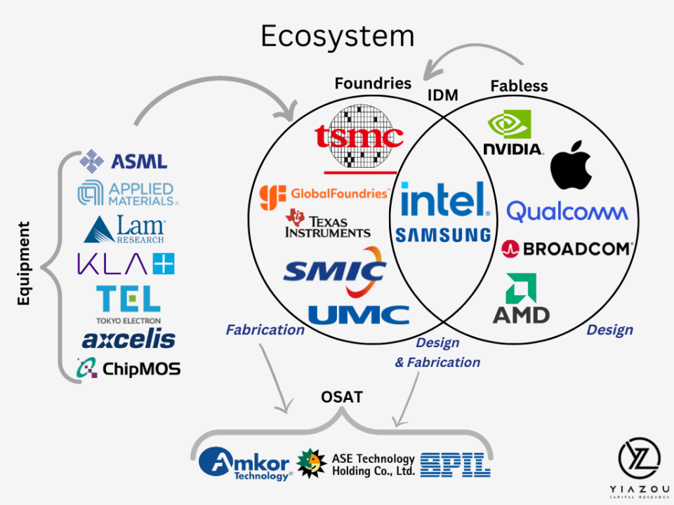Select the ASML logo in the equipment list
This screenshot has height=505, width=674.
click(x=124, y=161)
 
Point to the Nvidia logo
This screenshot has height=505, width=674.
click(x=513, y=133)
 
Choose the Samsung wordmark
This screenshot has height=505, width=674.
click(x=443, y=235)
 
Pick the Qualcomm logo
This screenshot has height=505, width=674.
click(x=567, y=211)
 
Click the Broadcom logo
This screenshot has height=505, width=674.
click(x=567, y=248)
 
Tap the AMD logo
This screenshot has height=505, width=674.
click(x=521, y=299)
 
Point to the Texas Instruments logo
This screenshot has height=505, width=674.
click(x=328, y=224)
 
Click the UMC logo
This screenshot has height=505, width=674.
click(x=359, y=315)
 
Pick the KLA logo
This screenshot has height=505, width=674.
click(x=126, y=263)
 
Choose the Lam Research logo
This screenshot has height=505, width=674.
click(x=124, y=229)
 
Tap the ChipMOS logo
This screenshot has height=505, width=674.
click(x=128, y=368)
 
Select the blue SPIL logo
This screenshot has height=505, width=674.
click(x=455, y=464)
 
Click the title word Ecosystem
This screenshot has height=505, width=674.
click(x=338, y=36)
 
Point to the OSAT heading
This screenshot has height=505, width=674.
click(x=342, y=397)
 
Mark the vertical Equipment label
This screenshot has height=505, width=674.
click(x=23, y=263)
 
